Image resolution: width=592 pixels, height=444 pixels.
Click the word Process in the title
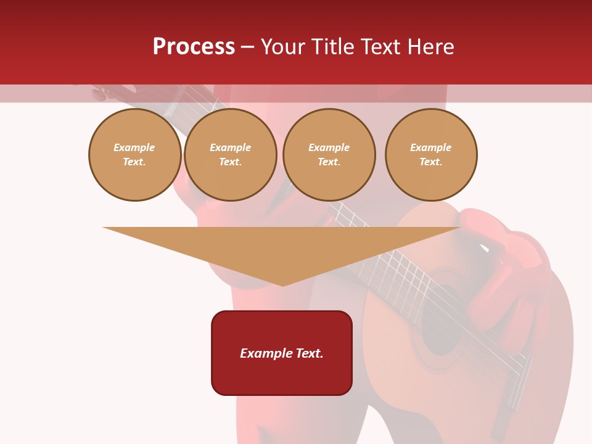tap(194, 47)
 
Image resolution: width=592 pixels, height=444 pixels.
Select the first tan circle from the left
tap(135, 155)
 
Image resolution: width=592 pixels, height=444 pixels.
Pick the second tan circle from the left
tap(231, 155)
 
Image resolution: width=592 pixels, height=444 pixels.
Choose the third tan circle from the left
tap(329, 155)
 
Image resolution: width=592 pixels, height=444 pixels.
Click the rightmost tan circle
tap(431, 155)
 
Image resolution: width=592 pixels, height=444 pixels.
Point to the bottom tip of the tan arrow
tap(282, 285)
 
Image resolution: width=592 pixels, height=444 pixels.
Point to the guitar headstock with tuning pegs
tap(108, 92)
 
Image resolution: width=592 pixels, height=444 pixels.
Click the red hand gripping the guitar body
tap(506, 277)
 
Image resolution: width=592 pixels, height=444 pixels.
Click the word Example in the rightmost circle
tap(431, 148)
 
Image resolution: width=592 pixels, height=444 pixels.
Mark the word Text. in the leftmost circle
tap(134, 162)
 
